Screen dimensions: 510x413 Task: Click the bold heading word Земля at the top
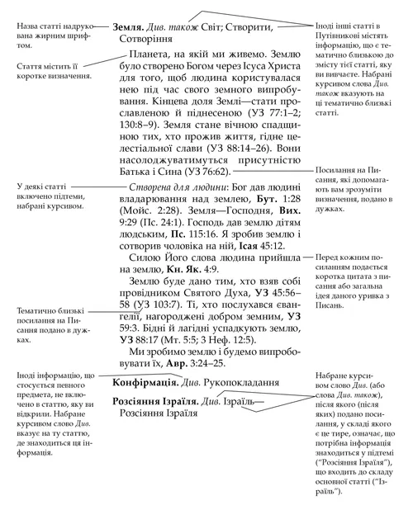pos(132,26)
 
